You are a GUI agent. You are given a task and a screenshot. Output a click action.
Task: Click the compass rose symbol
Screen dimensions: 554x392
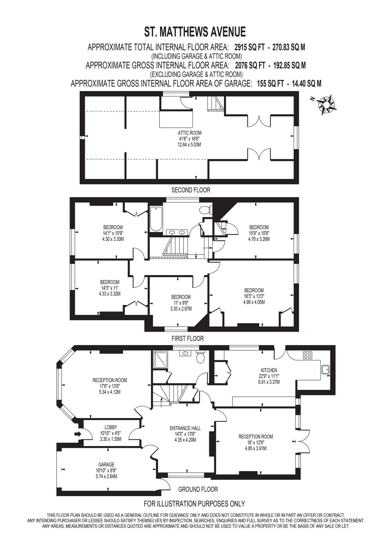[x=325, y=105]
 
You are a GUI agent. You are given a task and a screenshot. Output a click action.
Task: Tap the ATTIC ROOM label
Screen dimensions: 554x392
[x=190, y=133]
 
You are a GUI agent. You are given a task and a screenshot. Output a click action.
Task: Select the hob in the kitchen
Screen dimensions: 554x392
[x=307, y=355]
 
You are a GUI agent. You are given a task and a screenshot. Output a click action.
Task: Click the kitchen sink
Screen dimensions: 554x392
[x=325, y=369]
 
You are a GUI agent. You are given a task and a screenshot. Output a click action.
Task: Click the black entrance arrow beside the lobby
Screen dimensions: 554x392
[x=78, y=434]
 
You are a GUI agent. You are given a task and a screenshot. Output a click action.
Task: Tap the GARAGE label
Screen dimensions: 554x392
[x=106, y=464]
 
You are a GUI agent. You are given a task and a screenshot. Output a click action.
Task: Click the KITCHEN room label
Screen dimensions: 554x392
[x=269, y=370]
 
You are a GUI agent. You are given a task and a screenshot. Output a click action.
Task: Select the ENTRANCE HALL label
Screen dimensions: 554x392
[x=185, y=428]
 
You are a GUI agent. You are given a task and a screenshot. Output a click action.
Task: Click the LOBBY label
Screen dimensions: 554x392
[x=111, y=427]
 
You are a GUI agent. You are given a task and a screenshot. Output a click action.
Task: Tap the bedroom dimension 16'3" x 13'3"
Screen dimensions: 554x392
[x=254, y=296]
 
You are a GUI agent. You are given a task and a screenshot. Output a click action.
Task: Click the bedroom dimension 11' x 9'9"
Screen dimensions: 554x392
[x=181, y=303]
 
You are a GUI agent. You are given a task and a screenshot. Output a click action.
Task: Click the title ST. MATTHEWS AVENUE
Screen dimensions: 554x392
[x=195, y=32]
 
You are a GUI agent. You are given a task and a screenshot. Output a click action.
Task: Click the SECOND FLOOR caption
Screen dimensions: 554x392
[x=191, y=190]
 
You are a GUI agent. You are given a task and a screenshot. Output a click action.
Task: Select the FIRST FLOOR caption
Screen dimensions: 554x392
[x=188, y=339]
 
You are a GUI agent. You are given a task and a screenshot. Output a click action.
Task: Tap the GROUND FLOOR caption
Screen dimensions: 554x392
[x=198, y=489]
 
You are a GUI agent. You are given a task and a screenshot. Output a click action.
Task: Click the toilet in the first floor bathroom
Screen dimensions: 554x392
[x=205, y=210]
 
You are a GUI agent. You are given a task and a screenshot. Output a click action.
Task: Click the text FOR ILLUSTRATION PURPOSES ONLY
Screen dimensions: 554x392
[x=194, y=504]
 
